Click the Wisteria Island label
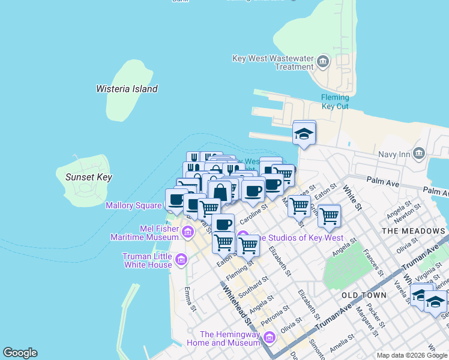(x=127, y=89)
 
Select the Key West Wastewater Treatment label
(x=273, y=62)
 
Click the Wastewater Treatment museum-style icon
(x=324, y=62)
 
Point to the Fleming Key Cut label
(x=335, y=101)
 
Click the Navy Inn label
(x=394, y=154)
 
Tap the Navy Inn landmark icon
(x=419, y=154)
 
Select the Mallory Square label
(x=133, y=205)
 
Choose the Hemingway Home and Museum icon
(x=269, y=338)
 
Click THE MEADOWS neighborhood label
(x=414, y=231)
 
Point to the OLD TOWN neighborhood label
(x=364, y=296)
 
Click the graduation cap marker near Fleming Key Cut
(x=304, y=134)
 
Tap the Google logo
(x=20, y=352)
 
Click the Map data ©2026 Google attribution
(x=412, y=355)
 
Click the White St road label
(x=352, y=197)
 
